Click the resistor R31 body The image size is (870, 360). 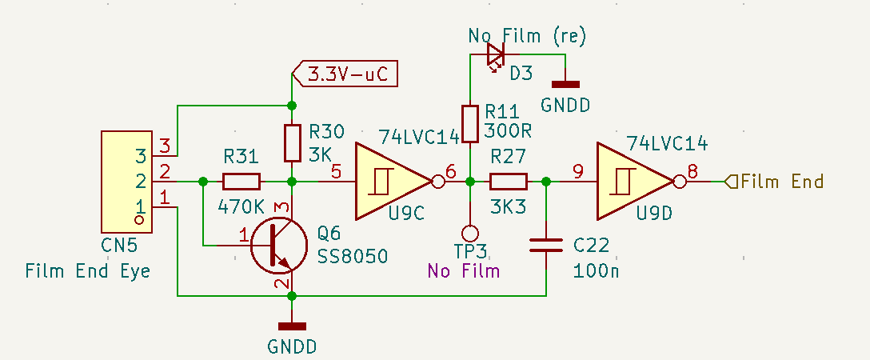pos(241,182)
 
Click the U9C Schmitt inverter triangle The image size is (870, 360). pos(389,182)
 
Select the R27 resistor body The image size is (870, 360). pos(509,182)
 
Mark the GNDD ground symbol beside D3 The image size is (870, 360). pos(565,83)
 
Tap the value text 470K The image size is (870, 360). pos(240,206)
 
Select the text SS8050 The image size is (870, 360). pos(353,256)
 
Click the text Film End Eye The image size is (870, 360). pos(87,270)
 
